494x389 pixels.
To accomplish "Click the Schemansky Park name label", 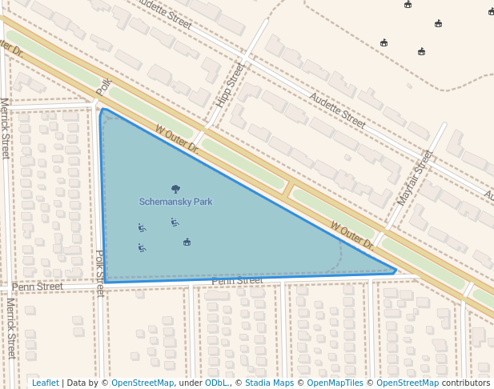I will coord(175,202).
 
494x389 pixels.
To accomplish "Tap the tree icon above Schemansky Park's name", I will coord(176,190).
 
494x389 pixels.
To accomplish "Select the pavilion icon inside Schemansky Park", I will coord(187,242).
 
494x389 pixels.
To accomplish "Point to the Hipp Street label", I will coord(229,86).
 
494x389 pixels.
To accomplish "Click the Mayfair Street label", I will coord(415,177).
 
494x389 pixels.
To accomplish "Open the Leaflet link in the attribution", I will coord(45,383).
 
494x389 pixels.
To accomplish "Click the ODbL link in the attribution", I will coord(215,383).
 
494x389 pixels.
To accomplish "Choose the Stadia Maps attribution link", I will coord(269,383).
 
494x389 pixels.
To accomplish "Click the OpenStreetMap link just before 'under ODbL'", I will coord(142,383).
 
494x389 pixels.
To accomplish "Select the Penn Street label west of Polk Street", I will coord(37,287).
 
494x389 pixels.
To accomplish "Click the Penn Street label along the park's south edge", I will coord(237,281).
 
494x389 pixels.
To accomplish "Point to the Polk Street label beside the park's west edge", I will coord(100,273).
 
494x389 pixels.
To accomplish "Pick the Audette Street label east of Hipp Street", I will coord(337,110).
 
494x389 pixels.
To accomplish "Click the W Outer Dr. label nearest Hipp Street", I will coord(177,138).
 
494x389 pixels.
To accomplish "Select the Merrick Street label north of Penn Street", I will coord(5,128).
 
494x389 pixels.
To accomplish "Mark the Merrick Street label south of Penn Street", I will coord(10,329).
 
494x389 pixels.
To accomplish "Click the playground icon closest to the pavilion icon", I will coord(174,222).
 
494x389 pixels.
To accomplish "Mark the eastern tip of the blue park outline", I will coord(396,271).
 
